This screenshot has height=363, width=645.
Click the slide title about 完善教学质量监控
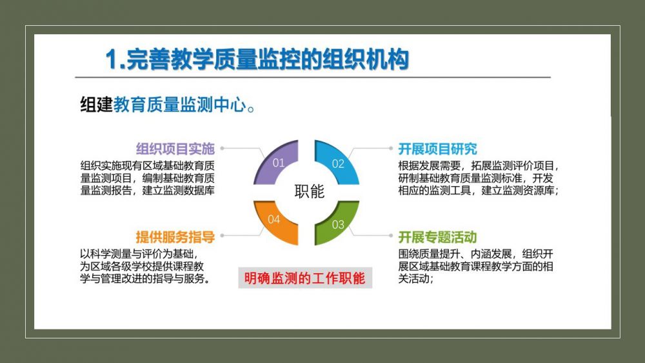point(257,59)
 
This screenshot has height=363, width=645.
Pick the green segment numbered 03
point(336,223)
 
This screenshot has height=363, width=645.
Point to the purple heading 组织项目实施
point(175,149)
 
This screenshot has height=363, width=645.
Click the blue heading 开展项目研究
point(438,149)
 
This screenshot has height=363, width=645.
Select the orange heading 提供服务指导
point(175,237)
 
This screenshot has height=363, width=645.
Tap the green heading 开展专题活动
point(438,237)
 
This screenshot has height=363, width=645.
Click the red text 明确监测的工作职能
point(305,278)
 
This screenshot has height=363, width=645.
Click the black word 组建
point(96,105)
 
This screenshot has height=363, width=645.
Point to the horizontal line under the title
point(313,77)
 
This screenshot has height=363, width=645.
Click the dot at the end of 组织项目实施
point(222,149)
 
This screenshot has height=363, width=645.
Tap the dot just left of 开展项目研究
point(391,149)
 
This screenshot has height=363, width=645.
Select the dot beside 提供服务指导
point(222,236)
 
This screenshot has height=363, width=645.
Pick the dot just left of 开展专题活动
point(391,236)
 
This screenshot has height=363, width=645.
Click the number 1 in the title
point(111,59)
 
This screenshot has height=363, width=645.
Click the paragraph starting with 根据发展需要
point(479,178)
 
